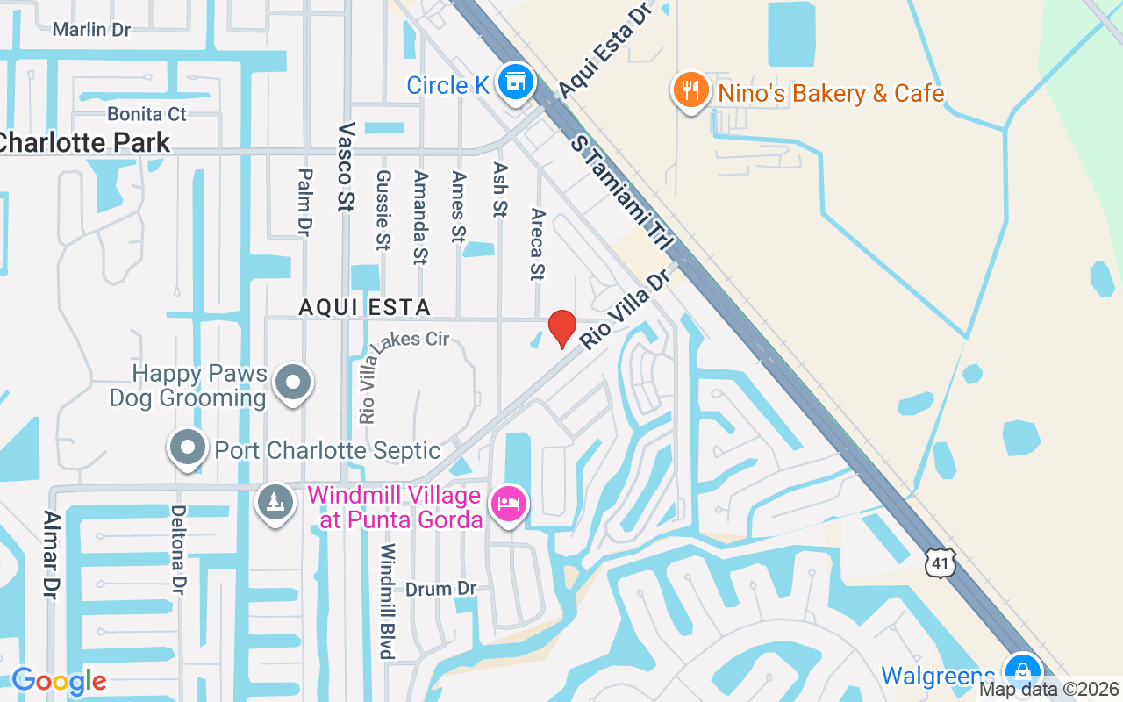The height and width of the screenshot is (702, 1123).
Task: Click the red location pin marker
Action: click(562, 329)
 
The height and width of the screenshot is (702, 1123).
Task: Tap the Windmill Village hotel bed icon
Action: click(510, 505)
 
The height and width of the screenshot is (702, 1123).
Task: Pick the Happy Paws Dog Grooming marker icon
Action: click(292, 383)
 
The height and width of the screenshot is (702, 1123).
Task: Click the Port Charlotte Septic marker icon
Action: click(187, 448)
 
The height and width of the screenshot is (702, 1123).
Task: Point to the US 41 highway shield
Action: click(941, 562)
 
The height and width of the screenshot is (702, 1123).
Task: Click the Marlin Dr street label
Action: click(91, 30)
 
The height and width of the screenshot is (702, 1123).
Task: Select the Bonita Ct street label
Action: click(147, 114)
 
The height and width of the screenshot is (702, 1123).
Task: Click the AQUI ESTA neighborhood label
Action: click(364, 307)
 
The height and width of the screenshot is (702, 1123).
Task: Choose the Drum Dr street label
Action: click(440, 589)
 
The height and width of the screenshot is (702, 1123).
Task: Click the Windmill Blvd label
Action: click(386, 601)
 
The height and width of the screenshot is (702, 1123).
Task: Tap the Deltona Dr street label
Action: click(178, 549)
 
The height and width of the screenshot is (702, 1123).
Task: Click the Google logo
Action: click(59, 681)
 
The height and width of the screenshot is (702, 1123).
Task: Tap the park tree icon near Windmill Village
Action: click(275, 503)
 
